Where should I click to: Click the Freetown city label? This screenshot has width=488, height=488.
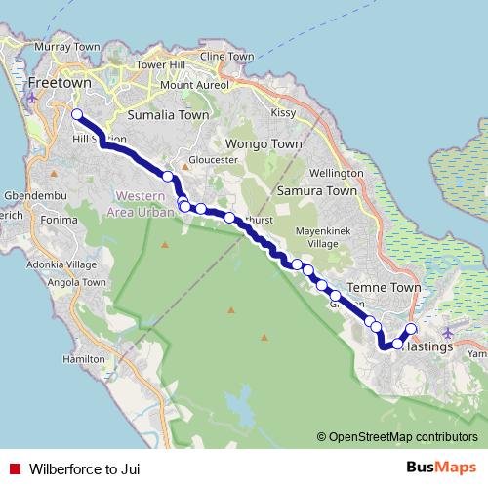click(61, 83)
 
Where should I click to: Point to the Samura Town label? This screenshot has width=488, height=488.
click(317, 191)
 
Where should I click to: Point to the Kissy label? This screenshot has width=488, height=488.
click(282, 113)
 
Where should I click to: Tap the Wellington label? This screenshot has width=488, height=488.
click(337, 173)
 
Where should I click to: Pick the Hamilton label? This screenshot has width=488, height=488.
click(82, 359)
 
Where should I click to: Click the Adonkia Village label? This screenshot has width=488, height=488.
click(62, 264)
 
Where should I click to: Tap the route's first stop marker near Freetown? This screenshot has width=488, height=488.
click(76, 115)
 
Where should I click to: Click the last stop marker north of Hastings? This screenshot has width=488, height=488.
click(411, 329)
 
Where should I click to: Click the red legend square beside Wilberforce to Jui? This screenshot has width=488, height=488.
click(15, 469)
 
